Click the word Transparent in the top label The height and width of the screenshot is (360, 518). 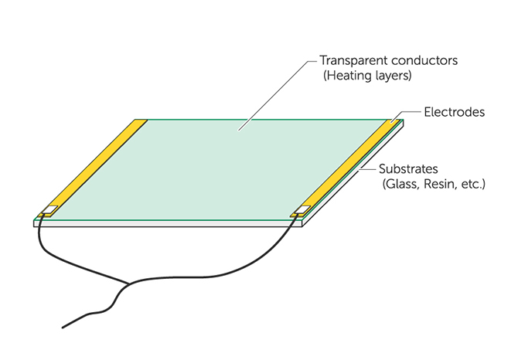pos(351,60)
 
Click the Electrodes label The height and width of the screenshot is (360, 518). pos(454,112)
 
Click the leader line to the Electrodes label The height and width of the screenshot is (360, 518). pos(410,113)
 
